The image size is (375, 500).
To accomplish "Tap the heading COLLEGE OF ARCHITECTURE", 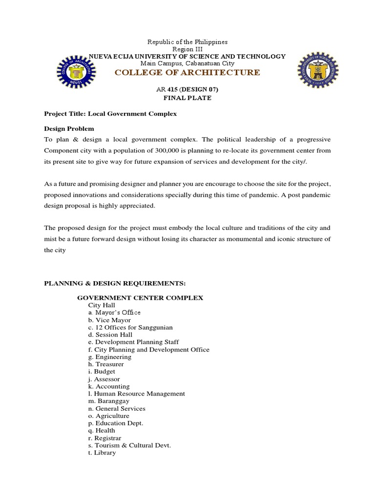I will (187, 73).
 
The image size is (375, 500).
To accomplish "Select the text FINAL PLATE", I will (187, 98).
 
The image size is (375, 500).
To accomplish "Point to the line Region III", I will (187, 49).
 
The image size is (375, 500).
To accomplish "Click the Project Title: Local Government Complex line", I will (110, 114).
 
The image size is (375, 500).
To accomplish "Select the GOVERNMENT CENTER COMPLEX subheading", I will (140, 297).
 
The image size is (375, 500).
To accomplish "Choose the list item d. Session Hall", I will (111, 334).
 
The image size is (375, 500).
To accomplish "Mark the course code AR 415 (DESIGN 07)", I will (187, 89).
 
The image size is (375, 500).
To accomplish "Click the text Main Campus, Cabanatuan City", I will (187, 63).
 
